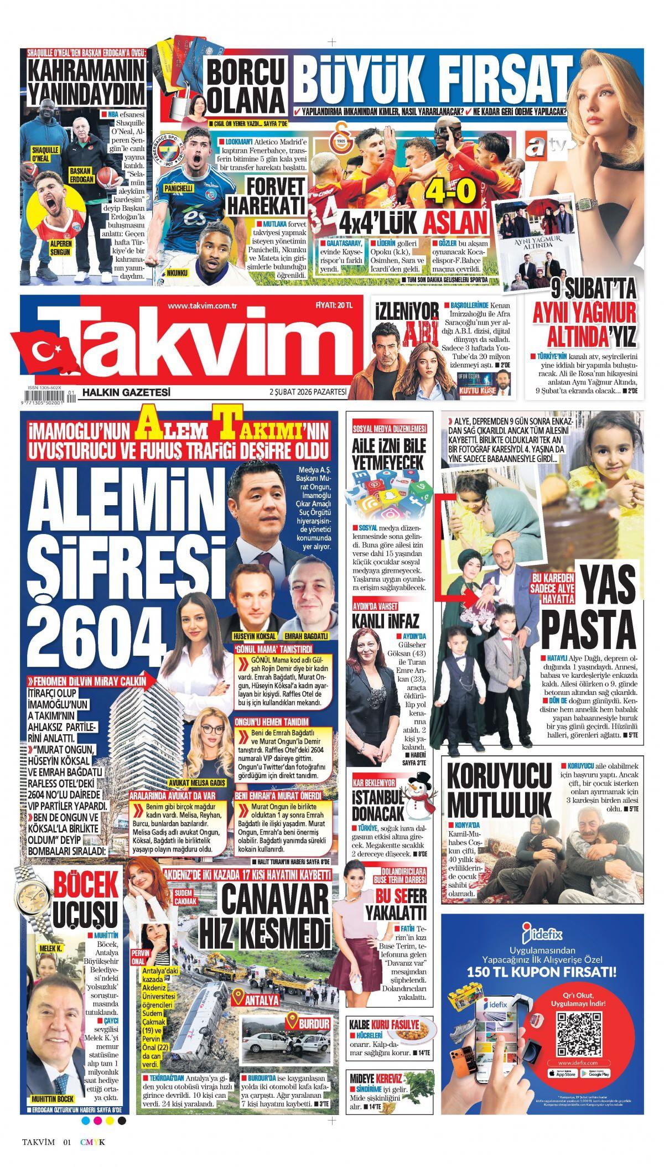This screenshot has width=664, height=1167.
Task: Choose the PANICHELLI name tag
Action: click(178, 189)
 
